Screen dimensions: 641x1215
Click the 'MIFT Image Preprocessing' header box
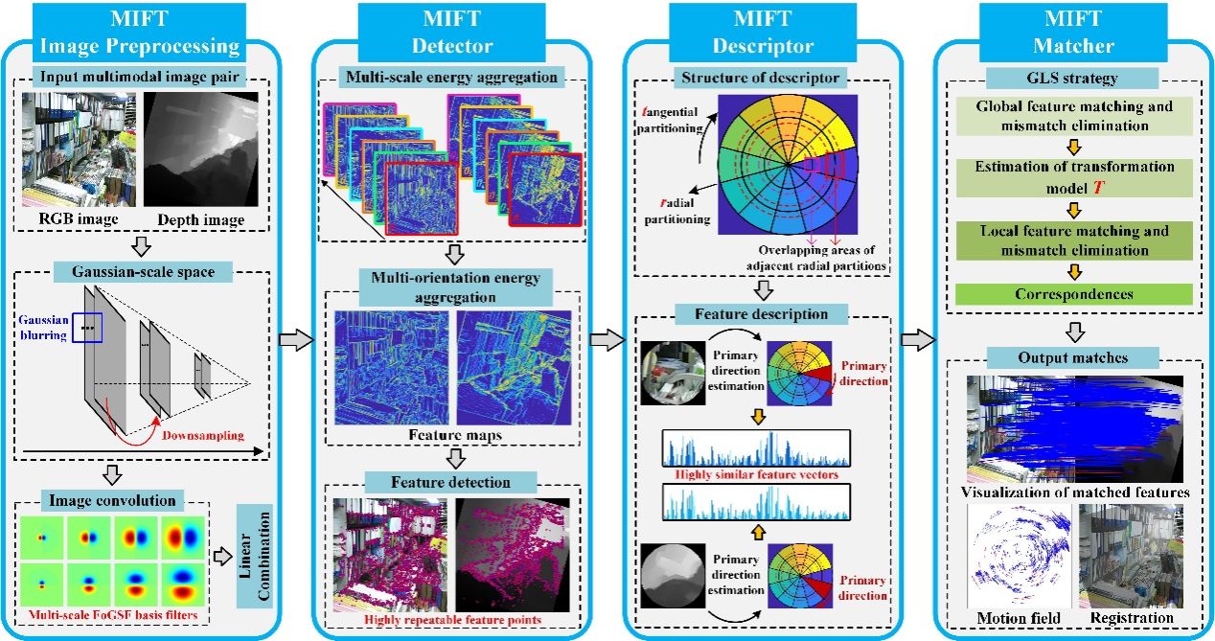(140, 33)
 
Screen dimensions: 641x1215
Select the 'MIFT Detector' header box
(451, 33)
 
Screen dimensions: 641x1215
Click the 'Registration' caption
(1132, 618)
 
